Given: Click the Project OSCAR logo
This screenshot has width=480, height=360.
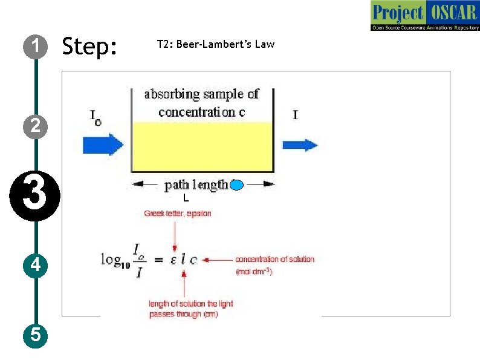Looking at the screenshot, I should coord(424,16).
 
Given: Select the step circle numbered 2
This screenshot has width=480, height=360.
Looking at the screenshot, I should coord(36,125).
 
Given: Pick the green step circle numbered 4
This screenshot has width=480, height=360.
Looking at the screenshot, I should coord(36,265).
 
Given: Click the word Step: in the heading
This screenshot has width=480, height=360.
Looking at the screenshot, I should coord(89,46).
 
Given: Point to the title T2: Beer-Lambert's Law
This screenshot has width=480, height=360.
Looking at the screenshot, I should coord(215,44).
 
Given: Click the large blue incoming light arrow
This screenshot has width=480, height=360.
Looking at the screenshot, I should coord(103,145).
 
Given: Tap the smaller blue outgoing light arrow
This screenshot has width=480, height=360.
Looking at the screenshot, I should coord(300,145).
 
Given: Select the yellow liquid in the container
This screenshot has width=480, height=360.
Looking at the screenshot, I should coord(203,147).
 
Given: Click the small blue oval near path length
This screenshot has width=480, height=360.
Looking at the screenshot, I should coord(237,185).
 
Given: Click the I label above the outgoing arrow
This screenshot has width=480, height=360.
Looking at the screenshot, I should coord(295,114).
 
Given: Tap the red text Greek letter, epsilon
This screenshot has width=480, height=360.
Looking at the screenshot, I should coord(177,214).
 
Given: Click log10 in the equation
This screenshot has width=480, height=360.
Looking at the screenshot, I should coord(115,260).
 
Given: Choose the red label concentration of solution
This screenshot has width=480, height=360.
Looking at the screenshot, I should coord(275,259).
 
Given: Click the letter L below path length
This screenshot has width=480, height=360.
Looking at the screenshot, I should coord(186,198).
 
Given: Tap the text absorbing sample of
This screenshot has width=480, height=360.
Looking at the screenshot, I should coord(201,94).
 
